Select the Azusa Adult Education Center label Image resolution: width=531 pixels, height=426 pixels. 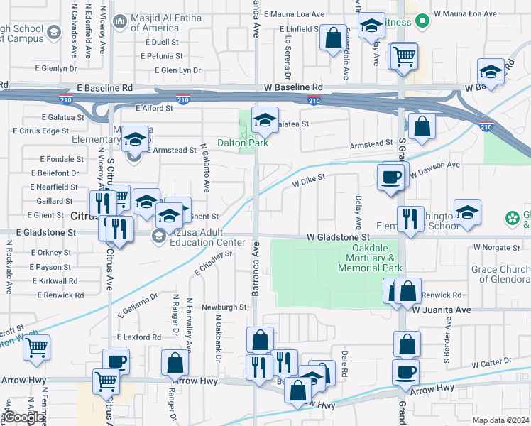pos(200,237)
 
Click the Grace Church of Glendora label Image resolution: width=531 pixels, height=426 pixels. pos(500,273)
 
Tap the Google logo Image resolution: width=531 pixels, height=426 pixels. pos(23,417)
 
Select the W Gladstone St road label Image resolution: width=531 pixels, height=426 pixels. pos(339,236)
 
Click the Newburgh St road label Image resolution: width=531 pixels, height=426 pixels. pos(224,307)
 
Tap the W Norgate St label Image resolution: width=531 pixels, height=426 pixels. pos(497,247)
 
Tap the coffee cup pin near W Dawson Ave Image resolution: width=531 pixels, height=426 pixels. pos(392,177)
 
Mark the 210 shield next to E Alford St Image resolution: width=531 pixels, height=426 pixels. pos(183,101)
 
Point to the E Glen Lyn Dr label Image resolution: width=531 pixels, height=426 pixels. pos(177,70)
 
